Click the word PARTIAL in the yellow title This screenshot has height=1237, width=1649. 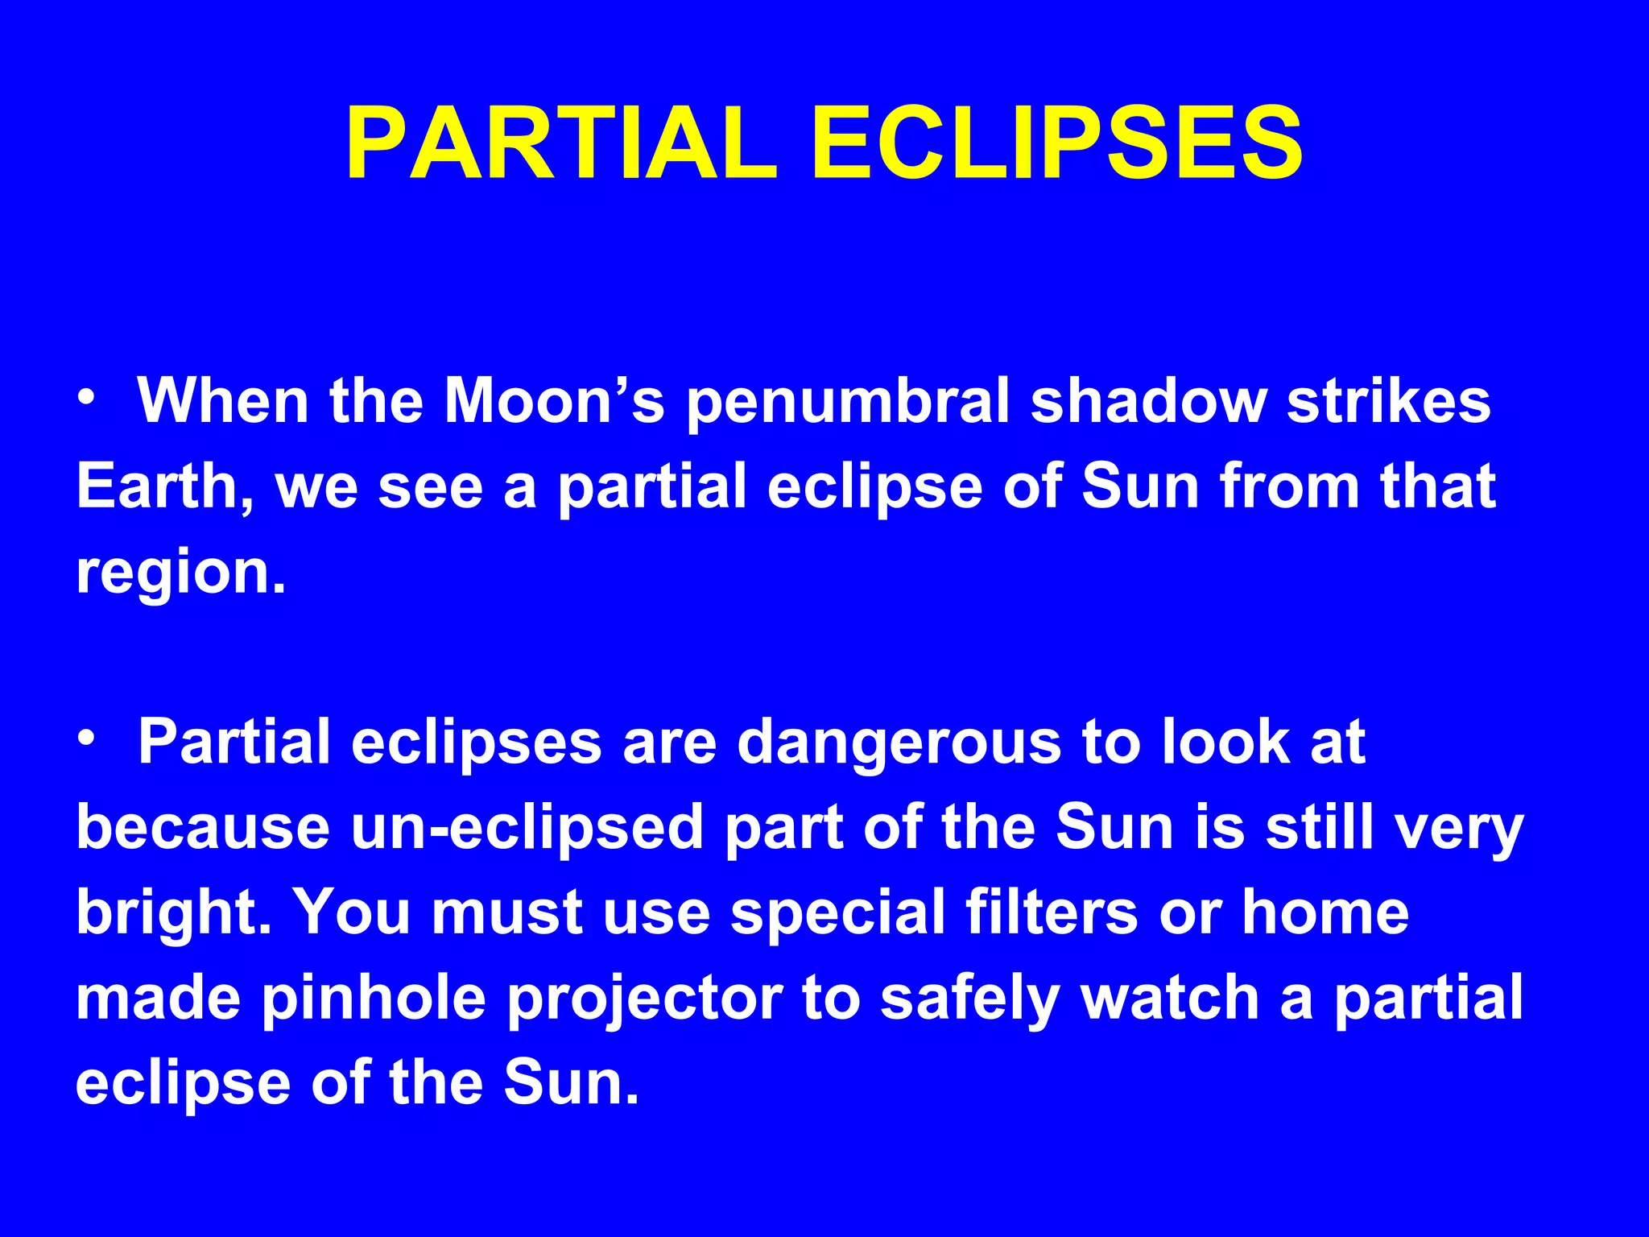click(562, 145)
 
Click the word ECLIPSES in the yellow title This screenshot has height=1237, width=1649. click(1057, 145)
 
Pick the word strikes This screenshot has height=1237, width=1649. click(1388, 400)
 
